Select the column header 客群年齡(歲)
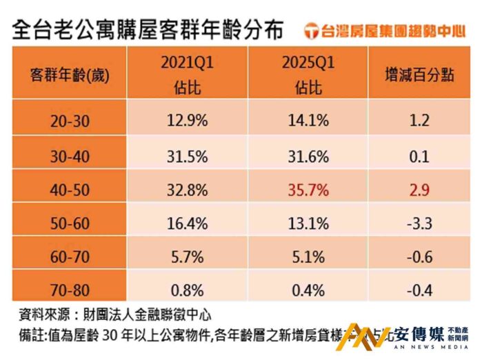tap(69, 75)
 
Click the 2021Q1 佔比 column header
tap(187, 75)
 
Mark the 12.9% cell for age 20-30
tap(187, 120)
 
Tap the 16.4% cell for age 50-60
tap(187, 222)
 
